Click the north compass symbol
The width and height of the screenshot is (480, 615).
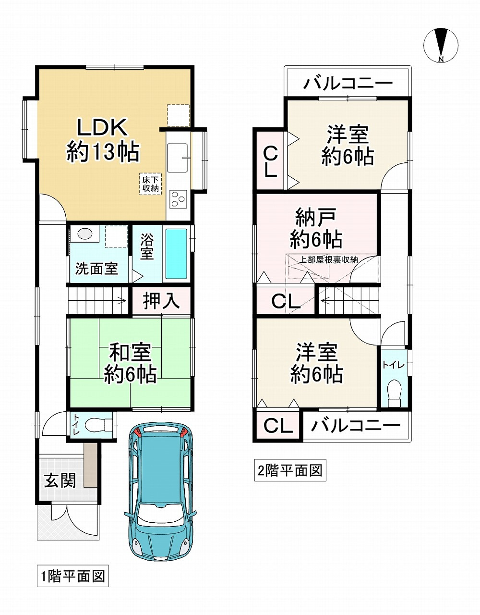(441, 45)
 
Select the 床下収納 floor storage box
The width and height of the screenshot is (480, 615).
(150, 184)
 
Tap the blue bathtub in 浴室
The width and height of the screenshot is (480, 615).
(176, 254)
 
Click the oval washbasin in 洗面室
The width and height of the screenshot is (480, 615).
(85, 234)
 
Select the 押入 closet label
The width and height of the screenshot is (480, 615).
(161, 301)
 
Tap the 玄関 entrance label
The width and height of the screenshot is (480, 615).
(60, 480)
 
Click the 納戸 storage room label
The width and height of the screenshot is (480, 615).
(316, 218)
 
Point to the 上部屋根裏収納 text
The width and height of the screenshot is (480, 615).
(328, 260)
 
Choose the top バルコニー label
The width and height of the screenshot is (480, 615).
(348, 84)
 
